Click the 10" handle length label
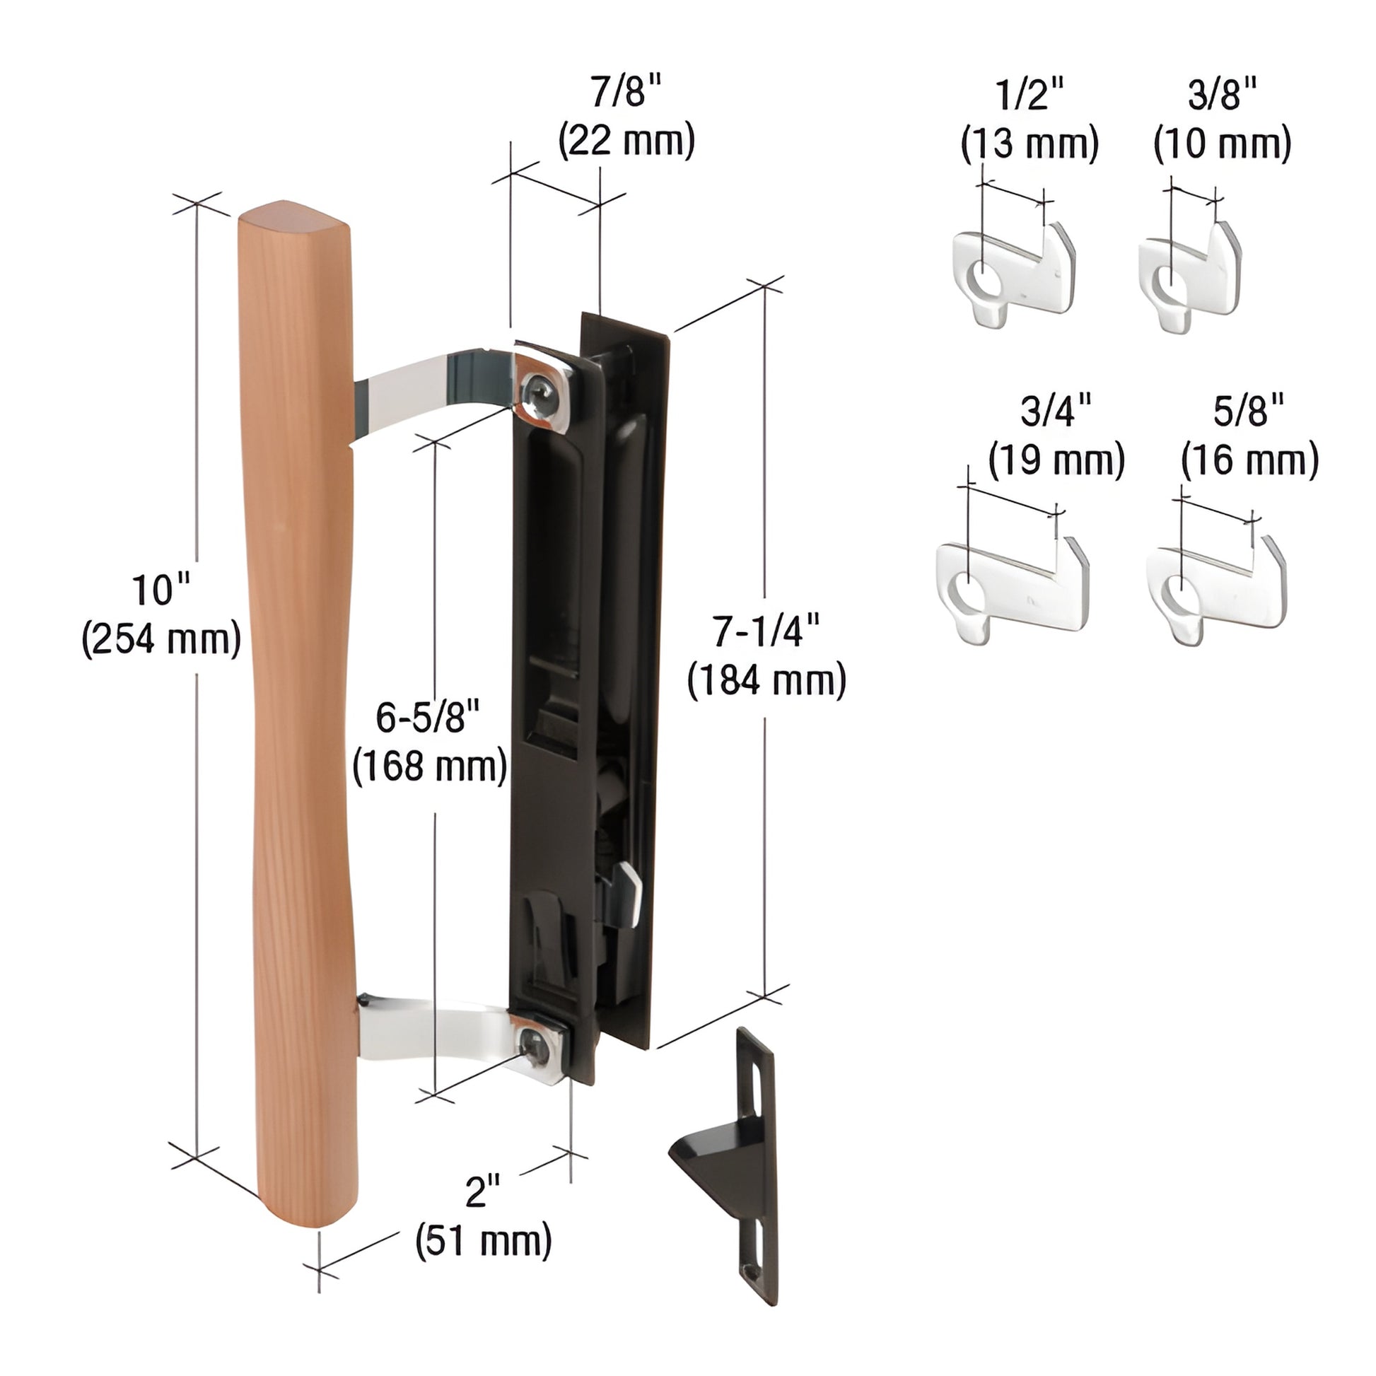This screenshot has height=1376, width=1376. coord(161,590)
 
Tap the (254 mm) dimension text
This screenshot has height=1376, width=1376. coord(161,639)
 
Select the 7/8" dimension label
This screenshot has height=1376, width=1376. coord(626,93)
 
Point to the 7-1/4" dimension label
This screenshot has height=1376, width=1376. coord(766,631)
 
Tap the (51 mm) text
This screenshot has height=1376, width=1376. coord(483,1240)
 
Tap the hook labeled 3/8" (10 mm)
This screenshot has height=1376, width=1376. coord(1189,278)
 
